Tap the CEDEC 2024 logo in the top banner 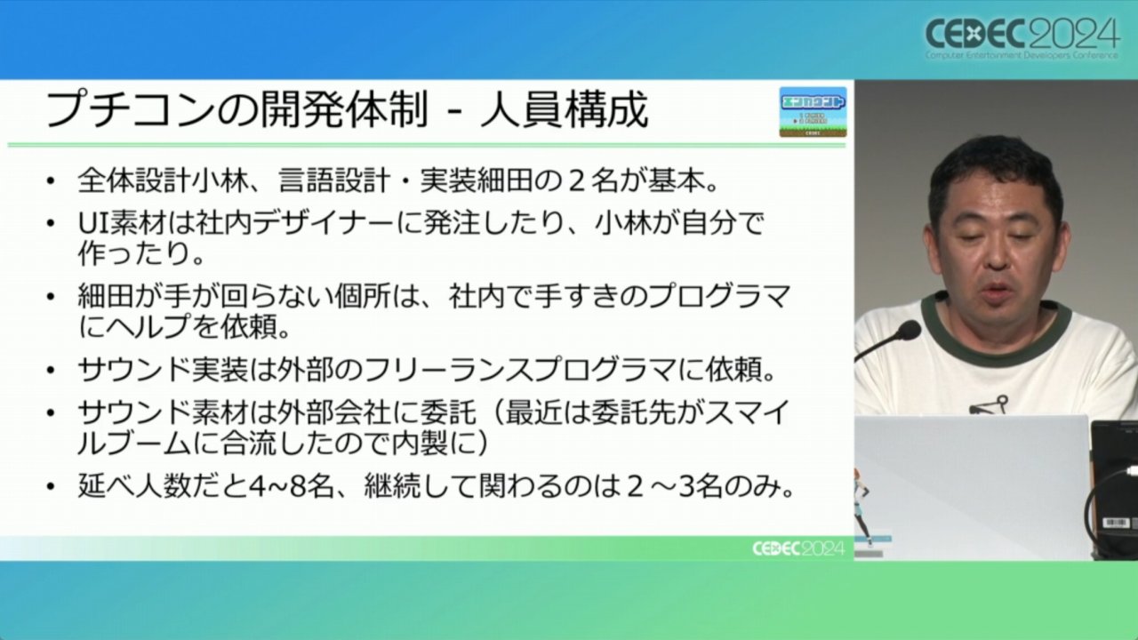[x=1022, y=38]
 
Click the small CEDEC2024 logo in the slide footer [x=798, y=548]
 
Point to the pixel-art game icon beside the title [x=813, y=112]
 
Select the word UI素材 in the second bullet [x=122, y=223]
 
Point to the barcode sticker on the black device [x=1116, y=523]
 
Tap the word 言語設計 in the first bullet [x=333, y=181]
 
